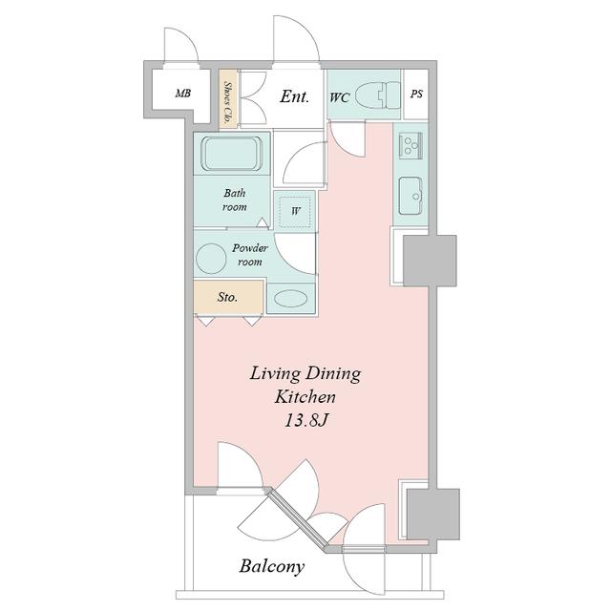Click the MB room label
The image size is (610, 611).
point(183,94)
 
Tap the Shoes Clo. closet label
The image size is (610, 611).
point(227,98)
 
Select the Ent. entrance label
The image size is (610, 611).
point(295,96)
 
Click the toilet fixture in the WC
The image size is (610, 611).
point(378,95)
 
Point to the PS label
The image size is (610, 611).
point(416,94)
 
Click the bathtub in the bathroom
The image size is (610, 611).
point(231,153)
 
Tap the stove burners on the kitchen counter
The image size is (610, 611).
point(410,145)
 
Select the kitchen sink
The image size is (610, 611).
point(410,196)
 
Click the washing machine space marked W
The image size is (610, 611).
point(296,212)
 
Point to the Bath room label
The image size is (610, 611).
point(235,200)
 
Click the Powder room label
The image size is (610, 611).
point(250,255)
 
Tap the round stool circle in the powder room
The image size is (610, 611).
point(211,259)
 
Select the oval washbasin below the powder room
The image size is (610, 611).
point(291,299)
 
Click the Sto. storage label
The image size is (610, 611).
point(227,297)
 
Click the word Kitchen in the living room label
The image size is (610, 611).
point(305,397)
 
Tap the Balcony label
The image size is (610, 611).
point(272,566)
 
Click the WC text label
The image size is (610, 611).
point(340,97)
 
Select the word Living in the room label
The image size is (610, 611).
point(275,374)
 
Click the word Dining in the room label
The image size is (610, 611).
point(332,374)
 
